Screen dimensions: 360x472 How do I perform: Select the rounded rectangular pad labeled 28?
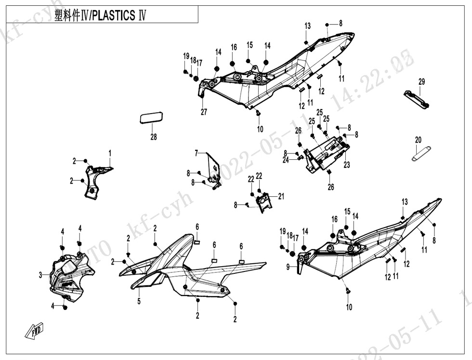click(x=152, y=117)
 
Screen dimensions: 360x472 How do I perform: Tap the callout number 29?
click(x=421, y=82)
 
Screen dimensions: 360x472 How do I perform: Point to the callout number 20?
click(x=418, y=140)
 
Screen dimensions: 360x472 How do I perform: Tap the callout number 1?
click(x=110, y=153)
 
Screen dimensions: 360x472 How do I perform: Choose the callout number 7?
click(x=196, y=153)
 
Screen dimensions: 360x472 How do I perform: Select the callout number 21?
click(x=281, y=196)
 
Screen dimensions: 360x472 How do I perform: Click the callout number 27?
click(x=204, y=112)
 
